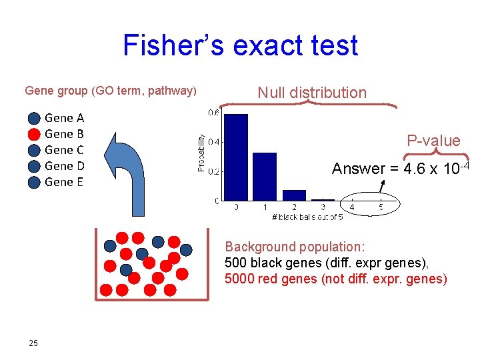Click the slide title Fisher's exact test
[x=240, y=45]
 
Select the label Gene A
[x=64, y=118]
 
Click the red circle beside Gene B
[x=34, y=134]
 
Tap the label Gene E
[x=64, y=182]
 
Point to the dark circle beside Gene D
[x=34, y=166]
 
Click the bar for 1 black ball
[x=265, y=176]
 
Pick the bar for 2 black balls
[x=294, y=195]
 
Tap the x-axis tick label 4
[x=352, y=208]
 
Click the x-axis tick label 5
[x=381, y=208]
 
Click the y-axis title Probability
[x=201, y=152]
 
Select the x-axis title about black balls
[x=307, y=217]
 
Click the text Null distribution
[x=312, y=93]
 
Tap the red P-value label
[x=433, y=141]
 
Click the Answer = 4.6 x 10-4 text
[x=401, y=168]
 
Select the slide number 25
[x=33, y=343]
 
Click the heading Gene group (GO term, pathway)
[x=111, y=90]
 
